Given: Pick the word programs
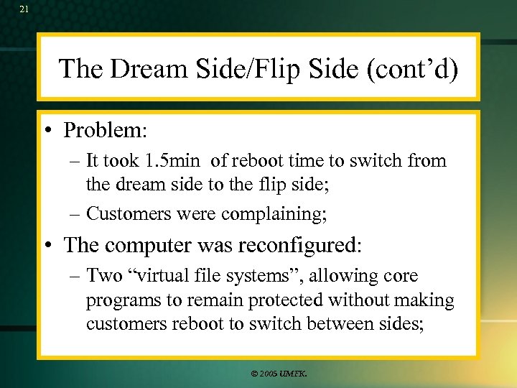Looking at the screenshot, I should (120, 300).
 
